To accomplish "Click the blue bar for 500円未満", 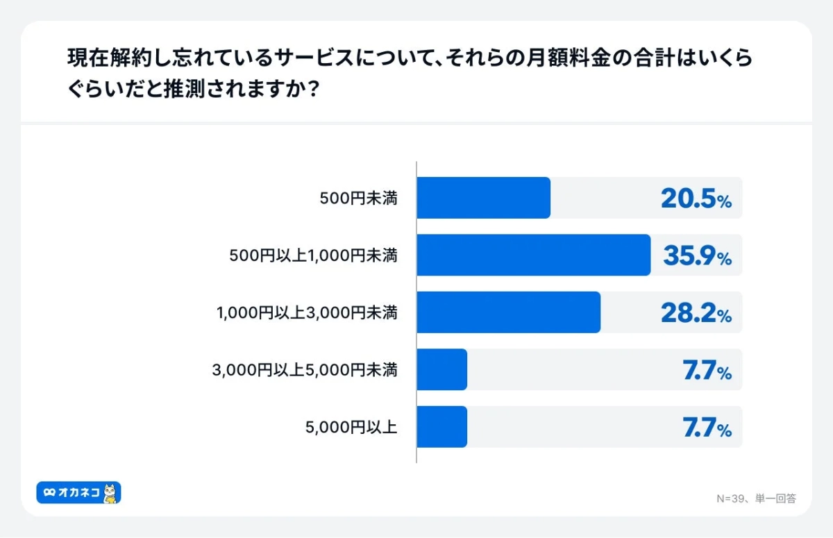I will pos(484,198).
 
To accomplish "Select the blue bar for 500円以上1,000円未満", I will pos(534,255).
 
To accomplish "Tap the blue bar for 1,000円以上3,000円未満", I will pos(509,312).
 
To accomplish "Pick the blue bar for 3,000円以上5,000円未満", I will pos(442,369).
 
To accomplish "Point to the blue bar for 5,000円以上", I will pos(442,426).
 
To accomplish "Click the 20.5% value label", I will pos(696,199).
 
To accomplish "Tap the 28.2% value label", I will pos(696,314).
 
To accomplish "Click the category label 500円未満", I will pos(358,199).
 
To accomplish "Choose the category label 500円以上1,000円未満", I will pos(313,255).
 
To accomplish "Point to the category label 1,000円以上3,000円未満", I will pos(307,313).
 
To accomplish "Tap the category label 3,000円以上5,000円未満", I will pos(305,370).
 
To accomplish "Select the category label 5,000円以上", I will pos(351,427).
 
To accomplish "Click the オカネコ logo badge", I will pos(78,493).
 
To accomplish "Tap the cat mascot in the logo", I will pos(110,493).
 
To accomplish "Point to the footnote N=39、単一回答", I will pos(755,498).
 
